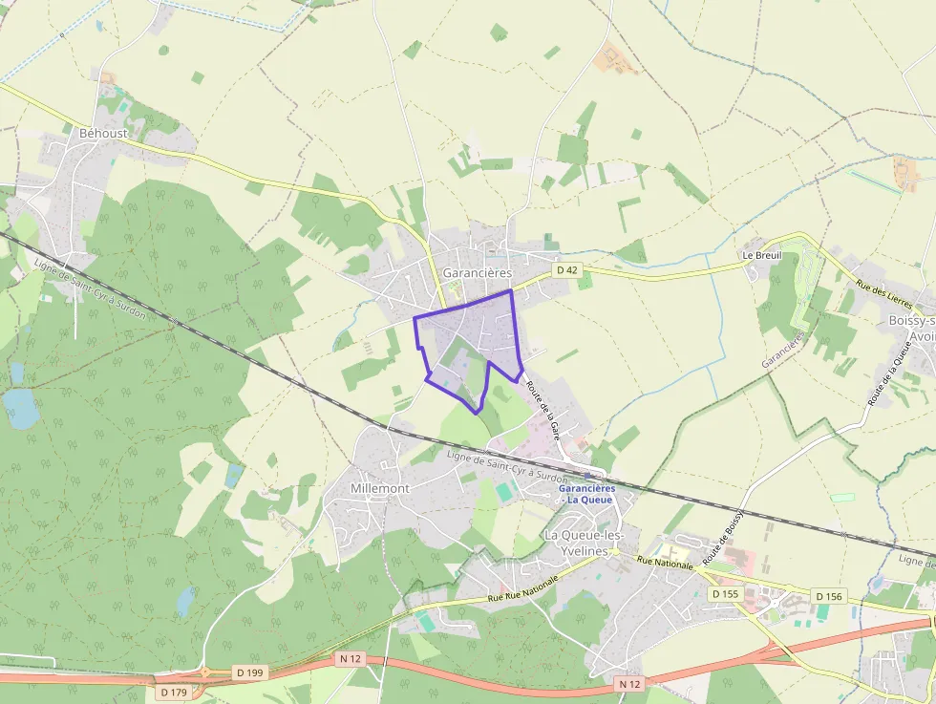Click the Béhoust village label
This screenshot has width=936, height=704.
[x=103, y=133]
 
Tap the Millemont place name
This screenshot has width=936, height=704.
[x=380, y=488]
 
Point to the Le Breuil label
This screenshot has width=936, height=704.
[x=762, y=256]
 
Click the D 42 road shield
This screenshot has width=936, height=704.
[x=567, y=270]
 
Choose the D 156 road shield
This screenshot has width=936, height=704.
[x=829, y=596]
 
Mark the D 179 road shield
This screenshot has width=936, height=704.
[x=173, y=692]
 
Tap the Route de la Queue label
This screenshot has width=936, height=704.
[x=883, y=377]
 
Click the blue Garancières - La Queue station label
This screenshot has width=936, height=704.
[x=586, y=494]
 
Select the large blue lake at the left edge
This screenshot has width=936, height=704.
[x=20, y=408]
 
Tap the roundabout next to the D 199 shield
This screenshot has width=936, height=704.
[x=204, y=672]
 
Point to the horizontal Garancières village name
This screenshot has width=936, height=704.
[x=478, y=272]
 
